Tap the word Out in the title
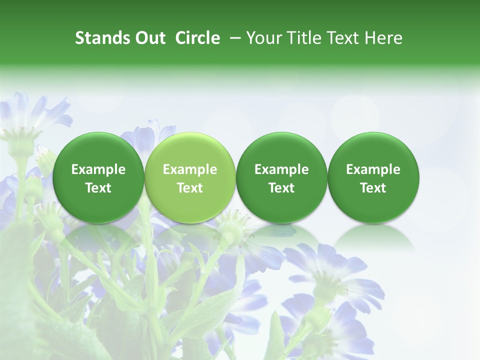tap(149, 38)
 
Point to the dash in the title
tap(232, 38)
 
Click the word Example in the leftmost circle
tap(98, 169)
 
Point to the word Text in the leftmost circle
tap(98, 188)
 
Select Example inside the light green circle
tap(190, 169)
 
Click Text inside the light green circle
tap(190, 188)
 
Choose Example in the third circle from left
tap(281, 169)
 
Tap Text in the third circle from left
tap(281, 188)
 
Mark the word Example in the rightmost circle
tap(373, 169)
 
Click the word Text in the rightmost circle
tap(373, 188)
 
